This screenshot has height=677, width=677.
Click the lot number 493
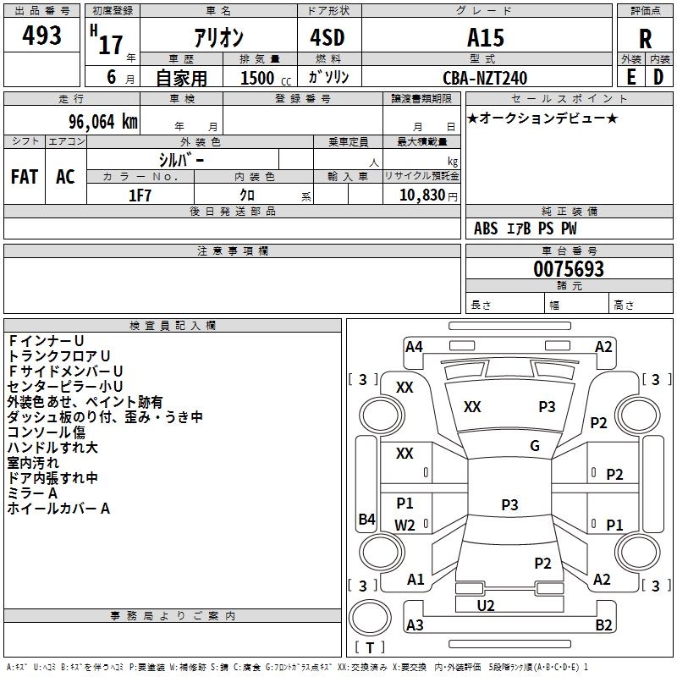coord(41,35)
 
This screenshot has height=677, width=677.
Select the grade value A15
coord(485,37)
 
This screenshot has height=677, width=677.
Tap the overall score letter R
coord(645,38)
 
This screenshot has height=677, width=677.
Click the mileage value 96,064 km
coord(102,122)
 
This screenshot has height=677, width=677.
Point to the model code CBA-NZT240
coord(485,78)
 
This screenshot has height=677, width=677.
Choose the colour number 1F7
coord(140,195)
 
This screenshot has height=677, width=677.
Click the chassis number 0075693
coord(569,268)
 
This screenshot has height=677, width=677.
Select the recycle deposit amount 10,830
coord(422,195)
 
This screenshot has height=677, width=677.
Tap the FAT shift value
coord(25,177)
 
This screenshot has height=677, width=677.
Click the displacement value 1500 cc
coord(266,78)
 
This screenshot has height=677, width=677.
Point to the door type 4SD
coord(327,37)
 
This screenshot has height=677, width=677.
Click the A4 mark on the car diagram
coord(414,347)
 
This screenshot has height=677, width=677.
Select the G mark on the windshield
coord(535,445)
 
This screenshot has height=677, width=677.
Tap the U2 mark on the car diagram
coord(485,605)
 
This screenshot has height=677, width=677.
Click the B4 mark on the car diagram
coord(367,519)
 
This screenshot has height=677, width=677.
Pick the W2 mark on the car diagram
coord(405,525)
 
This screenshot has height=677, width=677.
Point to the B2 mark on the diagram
coord(603,625)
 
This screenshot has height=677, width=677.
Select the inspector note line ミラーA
coord(32,493)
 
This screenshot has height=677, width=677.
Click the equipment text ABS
coord(486,228)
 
